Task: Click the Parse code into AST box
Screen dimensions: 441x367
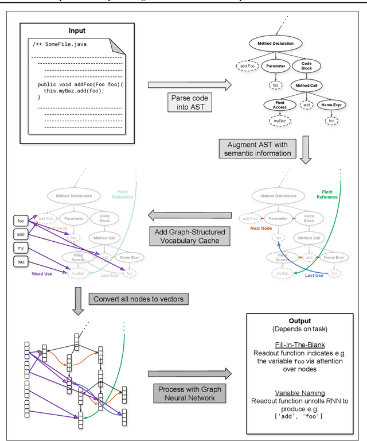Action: [x=189, y=103]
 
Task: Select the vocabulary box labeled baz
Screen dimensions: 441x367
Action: [x=21, y=262]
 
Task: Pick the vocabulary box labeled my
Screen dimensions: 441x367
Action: [x=21, y=248]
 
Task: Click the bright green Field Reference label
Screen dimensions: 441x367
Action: [x=327, y=195]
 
